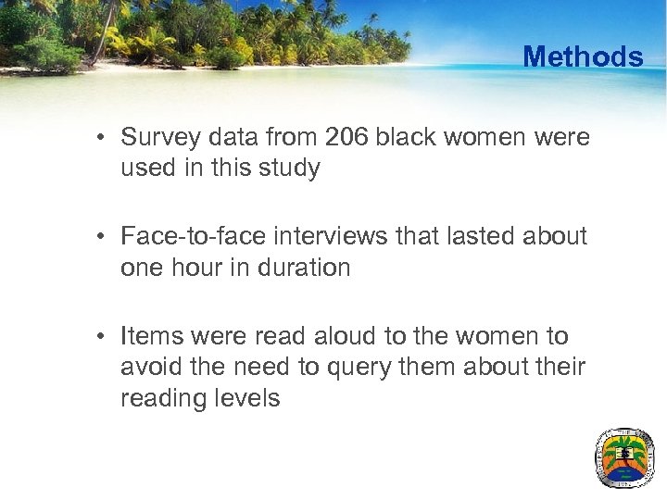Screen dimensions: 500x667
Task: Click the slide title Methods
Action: [582, 56]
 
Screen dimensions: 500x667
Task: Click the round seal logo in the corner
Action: [623, 457]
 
